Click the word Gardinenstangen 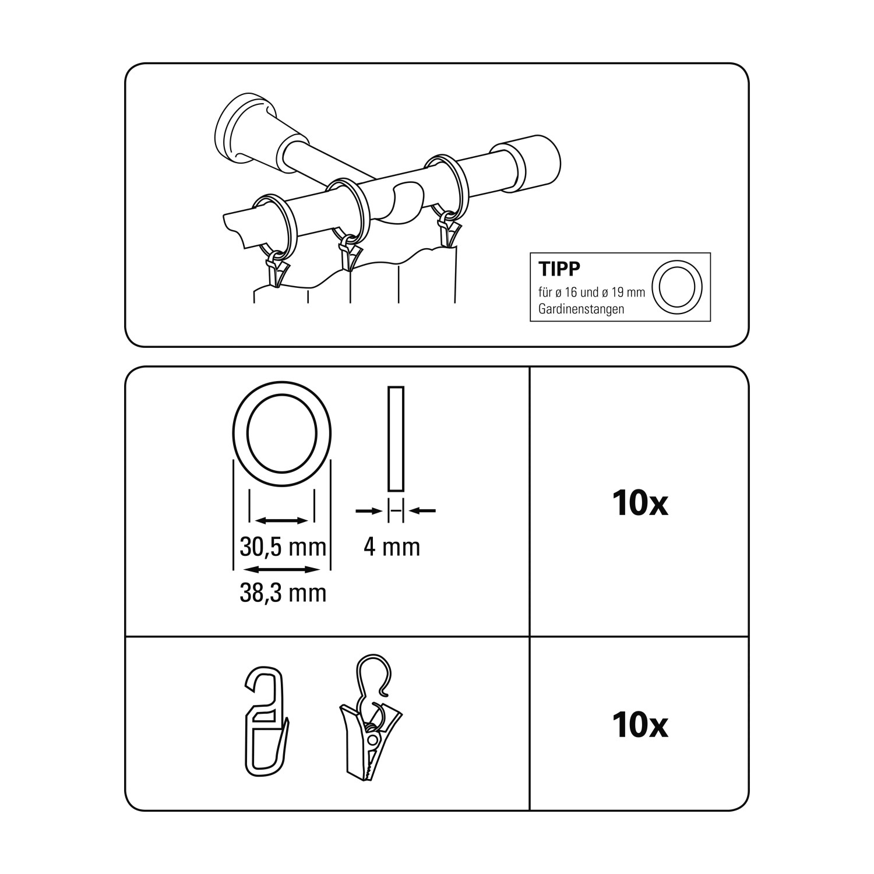[x=582, y=309]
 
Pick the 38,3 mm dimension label [x=283, y=593]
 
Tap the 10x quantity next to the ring [x=640, y=503]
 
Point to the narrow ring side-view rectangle [x=396, y=439]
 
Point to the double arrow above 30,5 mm [x=283, y=520]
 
